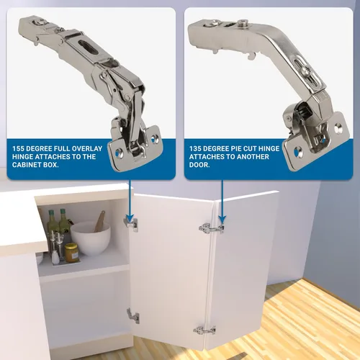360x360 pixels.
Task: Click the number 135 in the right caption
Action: coord(195,148)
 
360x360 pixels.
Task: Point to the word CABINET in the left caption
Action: coord(26,165)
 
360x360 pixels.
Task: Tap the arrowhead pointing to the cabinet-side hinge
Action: coord(130,218)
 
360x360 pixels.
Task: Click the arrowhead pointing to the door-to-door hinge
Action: coord(222,219)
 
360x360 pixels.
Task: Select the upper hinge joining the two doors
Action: coord(212,228)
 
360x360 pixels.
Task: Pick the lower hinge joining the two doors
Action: coord(204,330)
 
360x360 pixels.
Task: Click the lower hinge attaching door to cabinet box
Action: coord(133,316)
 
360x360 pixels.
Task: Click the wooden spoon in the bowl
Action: coord(100,221)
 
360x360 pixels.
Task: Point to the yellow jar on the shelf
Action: coord(72,253)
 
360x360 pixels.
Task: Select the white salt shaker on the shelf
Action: coord(55,257)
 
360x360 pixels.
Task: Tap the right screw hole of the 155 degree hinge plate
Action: coord(153,138)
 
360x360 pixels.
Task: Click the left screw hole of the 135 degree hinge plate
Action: coord(298,151)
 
